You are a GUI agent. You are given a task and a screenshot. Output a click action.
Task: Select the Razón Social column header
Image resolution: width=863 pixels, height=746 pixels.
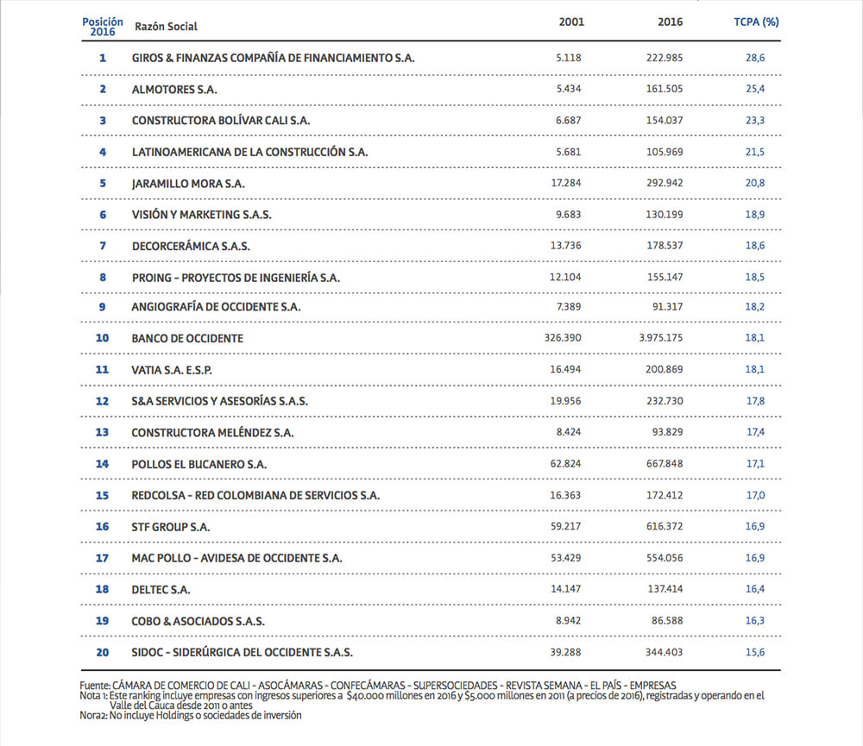[166, 26]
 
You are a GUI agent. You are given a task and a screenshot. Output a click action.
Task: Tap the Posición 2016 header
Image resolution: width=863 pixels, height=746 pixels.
[103, 26]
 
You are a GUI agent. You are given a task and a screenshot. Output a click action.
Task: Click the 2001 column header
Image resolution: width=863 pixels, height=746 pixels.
[571, 22]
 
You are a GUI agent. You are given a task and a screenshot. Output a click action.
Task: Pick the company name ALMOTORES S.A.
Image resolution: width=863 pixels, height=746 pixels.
[175, 89]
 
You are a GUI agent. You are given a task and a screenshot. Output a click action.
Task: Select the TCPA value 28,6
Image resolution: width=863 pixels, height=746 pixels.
[756, 58]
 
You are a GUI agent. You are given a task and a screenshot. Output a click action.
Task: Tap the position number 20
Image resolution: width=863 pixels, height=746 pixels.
[103, 652]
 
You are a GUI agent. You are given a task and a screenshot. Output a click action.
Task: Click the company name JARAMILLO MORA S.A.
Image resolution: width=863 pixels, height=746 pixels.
[188, 184]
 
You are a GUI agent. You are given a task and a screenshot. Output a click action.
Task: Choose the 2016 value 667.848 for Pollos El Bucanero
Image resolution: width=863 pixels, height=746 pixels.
[665, 464]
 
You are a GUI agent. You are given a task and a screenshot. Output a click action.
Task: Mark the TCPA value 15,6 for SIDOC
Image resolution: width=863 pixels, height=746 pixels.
[756, 652]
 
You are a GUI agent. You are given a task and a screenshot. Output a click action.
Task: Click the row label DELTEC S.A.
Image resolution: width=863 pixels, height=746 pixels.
[161, 590]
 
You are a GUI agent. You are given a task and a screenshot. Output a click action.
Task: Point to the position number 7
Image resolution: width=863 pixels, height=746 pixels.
[103, 246]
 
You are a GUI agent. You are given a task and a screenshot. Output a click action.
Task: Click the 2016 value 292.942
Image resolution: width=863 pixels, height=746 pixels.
[665, 184]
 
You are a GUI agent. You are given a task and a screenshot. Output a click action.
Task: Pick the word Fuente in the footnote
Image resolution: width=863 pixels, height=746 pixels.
[94, 685]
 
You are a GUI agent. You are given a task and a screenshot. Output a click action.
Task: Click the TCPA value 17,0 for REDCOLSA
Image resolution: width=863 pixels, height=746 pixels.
[756, 496]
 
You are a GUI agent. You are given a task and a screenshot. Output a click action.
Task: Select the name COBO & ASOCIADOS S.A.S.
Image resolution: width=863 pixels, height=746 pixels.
[198, 621]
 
